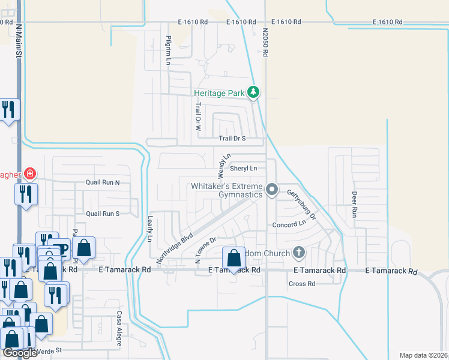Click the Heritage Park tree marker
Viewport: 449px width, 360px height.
[254, 92]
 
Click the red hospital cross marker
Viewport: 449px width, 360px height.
[29, 175]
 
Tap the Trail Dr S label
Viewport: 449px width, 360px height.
[232, 139]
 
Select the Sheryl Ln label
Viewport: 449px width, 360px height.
[244, 169]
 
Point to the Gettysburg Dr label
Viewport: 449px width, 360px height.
[300, 204]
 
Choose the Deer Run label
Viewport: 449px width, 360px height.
[354, 204]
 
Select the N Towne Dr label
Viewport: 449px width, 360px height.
[205, 250]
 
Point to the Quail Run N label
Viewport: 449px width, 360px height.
[103, 183]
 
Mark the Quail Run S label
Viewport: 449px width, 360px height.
[103, 214]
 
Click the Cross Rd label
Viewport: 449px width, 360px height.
[302, 284]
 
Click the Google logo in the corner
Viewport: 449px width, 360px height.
[20, 353]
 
